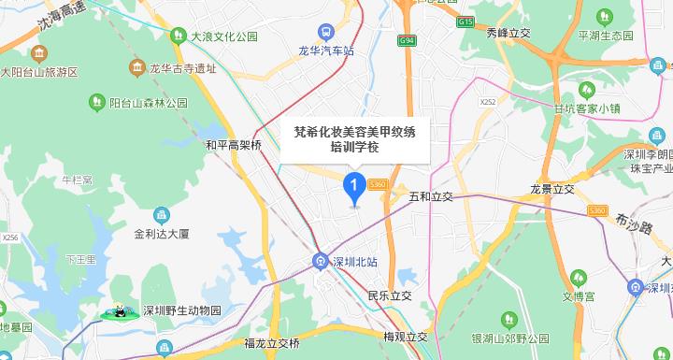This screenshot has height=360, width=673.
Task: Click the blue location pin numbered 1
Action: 354,188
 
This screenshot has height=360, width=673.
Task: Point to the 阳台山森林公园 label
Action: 149,102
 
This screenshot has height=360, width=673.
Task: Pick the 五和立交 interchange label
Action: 431,197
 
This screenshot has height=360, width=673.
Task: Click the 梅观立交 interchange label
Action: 405,337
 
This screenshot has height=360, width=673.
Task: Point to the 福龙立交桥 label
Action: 271,342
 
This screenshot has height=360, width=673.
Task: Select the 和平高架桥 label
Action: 233,145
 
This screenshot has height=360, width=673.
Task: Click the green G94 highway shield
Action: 406,41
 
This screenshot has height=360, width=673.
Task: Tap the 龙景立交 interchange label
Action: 551,188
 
